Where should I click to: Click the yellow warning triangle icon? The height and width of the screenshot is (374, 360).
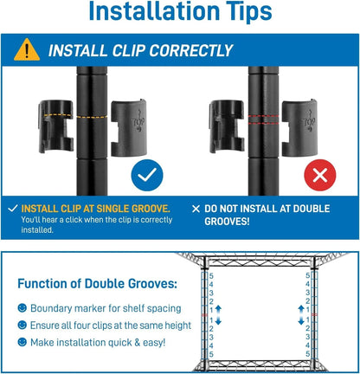point(27,50)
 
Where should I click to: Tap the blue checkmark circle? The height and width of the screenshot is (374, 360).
point(147,175)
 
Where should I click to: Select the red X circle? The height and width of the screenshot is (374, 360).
point(320,175)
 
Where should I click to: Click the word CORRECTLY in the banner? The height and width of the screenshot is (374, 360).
point(190,51)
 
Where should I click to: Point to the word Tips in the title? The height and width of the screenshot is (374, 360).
point(248,11)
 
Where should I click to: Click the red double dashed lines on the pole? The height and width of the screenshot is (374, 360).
point(263,119)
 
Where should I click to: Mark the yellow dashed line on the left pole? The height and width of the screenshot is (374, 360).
point(92,117)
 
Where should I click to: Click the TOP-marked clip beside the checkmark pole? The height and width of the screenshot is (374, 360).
point(129,128)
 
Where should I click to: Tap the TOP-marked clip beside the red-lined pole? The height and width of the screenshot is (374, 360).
point(299,128)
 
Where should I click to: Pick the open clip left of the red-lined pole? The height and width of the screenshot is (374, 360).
point(227,126)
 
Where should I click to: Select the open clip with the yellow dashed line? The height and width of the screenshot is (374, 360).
point(56,126)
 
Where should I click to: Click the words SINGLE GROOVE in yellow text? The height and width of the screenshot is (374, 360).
point(132,209)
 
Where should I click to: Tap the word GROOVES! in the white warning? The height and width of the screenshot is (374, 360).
point(227,222)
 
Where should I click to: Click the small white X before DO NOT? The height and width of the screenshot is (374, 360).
point(196,209)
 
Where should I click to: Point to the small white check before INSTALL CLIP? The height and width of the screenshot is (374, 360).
point(13,209)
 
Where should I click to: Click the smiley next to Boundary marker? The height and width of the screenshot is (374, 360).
point(22,308)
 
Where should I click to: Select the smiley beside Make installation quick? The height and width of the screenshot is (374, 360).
point(22,342)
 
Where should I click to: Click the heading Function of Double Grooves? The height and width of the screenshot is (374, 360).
point(97,284)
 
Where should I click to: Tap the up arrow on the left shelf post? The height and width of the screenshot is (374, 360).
point(218,309)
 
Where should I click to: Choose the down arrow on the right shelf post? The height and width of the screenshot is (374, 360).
point(301,320)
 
